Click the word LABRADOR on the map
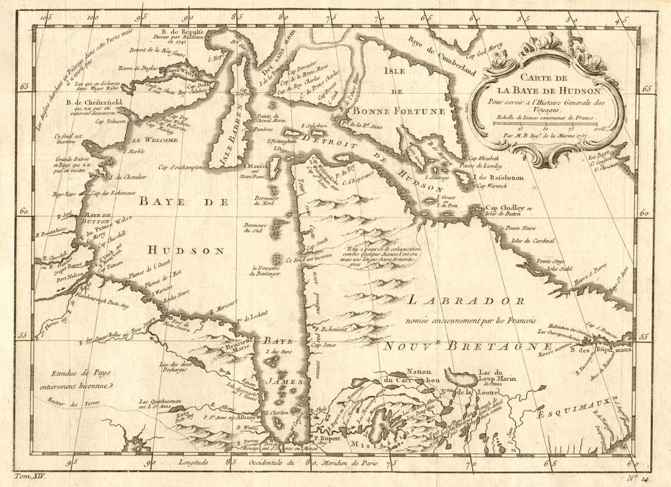465,301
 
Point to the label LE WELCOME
155,140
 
